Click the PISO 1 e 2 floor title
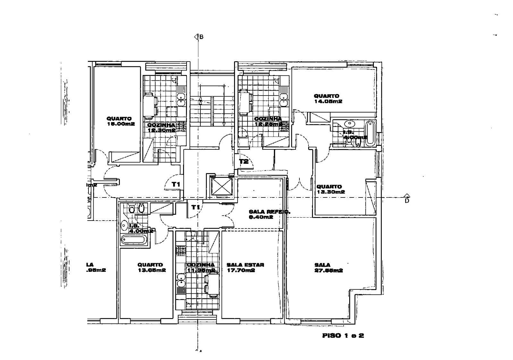pyautogui.click(x=343, y=336)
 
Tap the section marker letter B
pyautogui.click(x=201, y=37)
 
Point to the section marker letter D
pyautogui.click(x=407, y=201)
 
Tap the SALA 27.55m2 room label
pyautogui.click(x=329, y=267)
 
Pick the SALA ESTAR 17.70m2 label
pyautogui.click(x=245, y=267)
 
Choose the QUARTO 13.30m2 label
pyautogui.click(x=330, y=189)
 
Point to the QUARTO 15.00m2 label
pyautogui.click(x=120, y=121)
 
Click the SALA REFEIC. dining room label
pyautogui.click(x=265, y=214)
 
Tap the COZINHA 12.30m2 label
pyautogui.click(x=161, y=128)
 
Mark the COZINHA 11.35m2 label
pyautogui.click(x=201, y=267)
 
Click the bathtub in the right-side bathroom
pyautogui.click(x=370, y=133)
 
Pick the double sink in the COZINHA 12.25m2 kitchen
pyautogui.click(x=283, y=99)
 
